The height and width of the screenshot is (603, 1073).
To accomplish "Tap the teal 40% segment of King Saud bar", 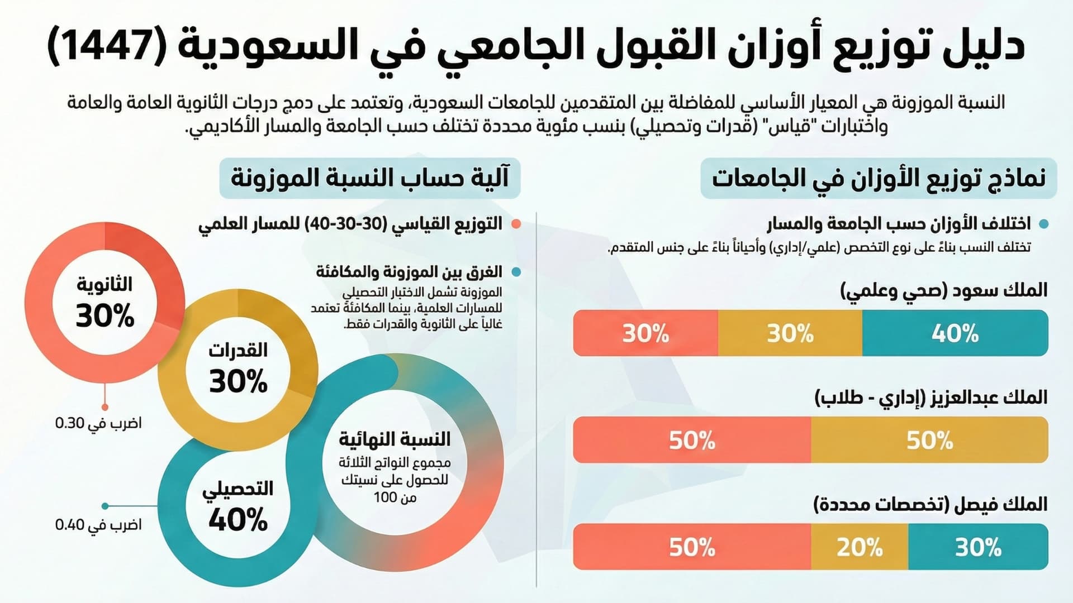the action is (x=955, y=333).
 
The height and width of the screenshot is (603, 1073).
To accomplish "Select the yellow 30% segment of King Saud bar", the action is (x=790, y=333).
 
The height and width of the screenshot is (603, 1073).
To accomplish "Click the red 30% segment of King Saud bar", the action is (x=645, y=333).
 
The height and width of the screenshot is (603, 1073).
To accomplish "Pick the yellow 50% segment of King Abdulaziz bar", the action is (x=929, y=440).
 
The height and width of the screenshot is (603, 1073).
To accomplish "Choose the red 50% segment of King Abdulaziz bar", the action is (x=692, y=440).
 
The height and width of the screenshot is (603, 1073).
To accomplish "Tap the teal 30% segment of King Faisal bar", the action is (x=978, y=547).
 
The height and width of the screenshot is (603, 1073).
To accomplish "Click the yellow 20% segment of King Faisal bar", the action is (x=860, y=547).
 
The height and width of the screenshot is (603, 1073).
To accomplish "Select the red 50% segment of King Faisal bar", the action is (x=692, y=547).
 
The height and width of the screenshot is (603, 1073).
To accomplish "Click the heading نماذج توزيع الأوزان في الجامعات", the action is (x=879, y=179).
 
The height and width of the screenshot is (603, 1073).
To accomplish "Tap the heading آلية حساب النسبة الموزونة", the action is (x=370, y=179).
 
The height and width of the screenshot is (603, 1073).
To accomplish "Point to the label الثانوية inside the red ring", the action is (x=105, y=284).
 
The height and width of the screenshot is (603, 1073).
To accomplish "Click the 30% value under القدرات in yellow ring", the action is (x=239, y=382).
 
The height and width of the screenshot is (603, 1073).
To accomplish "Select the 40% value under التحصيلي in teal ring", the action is (x=239, y=520).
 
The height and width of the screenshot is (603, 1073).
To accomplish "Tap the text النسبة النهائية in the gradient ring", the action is (x=395, y=439).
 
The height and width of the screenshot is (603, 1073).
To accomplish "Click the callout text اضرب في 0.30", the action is (x=98, y=423).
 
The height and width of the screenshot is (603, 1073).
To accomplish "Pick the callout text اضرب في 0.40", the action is (x=98, y=525).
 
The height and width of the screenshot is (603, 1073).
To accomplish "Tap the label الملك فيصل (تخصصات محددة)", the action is (x=930, y=505).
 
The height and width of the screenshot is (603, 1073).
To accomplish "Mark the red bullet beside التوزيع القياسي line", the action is (x=516, y=224).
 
